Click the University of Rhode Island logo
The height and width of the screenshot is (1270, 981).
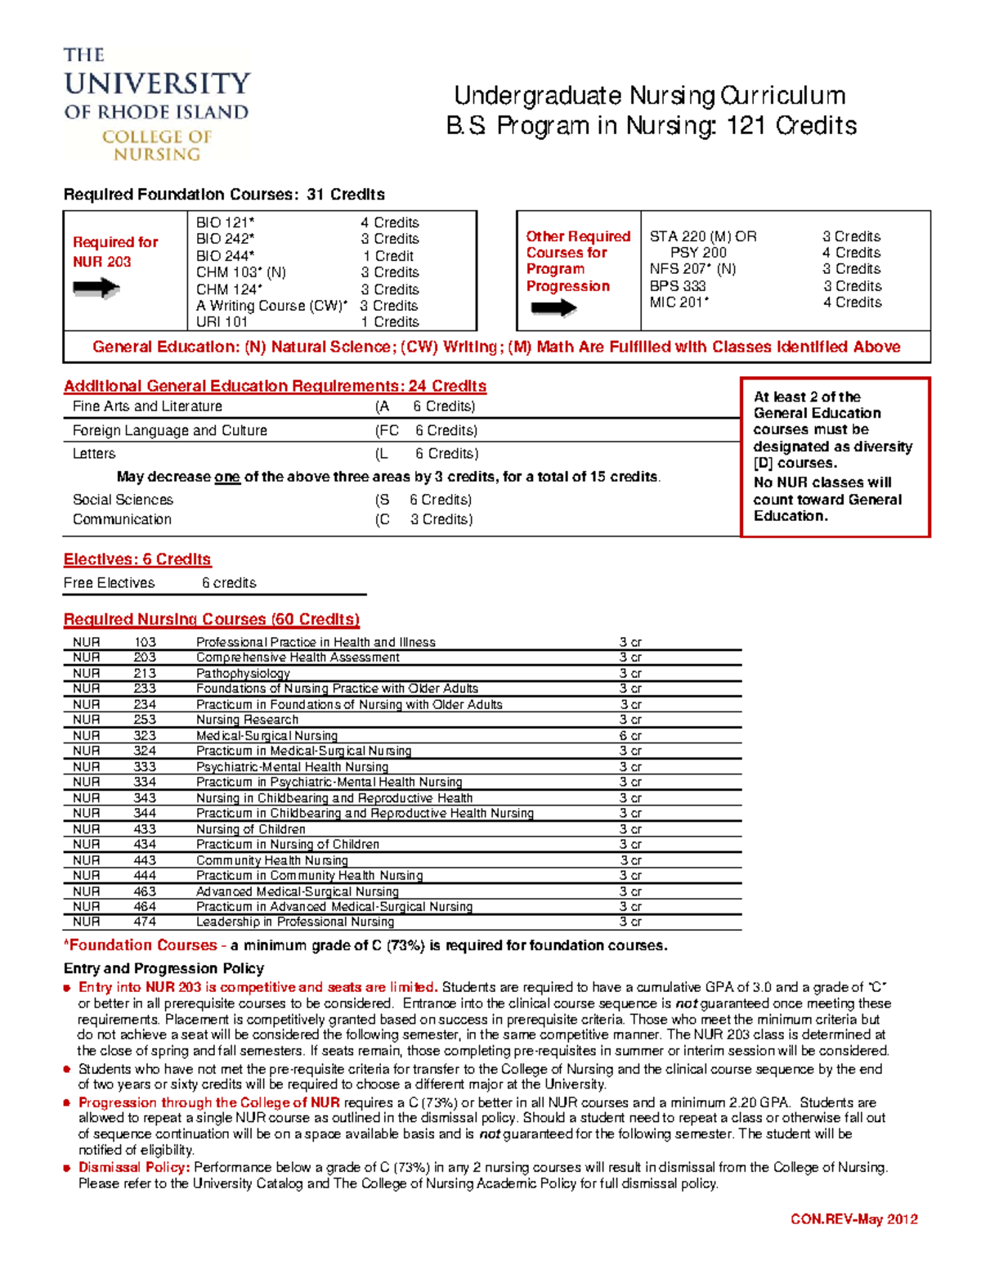[x=157, y=104]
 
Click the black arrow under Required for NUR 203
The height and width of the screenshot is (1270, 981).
[x=96, y=288]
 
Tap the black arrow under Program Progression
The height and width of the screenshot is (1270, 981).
[x=553, y=308]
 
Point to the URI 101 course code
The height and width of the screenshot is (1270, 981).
[x=222, y=322]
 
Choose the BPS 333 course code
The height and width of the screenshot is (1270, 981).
[x=678, y=286]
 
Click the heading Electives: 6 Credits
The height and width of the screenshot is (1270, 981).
[x=137, y=559]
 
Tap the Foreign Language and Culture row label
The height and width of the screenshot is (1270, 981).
[x=170, y=430]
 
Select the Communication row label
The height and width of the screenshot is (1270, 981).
[x=122, y=519]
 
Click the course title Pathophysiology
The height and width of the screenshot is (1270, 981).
[x=243, y=673]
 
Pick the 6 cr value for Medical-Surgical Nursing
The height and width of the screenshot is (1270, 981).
[x=630, y=735]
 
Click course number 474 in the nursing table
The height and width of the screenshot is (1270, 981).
[x=145, y=922]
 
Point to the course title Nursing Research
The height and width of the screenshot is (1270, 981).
[x=247, y=720]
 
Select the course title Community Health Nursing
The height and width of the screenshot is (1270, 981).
[x=272, y=860]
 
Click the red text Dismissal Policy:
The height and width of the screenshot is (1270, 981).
[x=134, y=1167]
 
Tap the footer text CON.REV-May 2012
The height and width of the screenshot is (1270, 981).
[x=854, y=1219]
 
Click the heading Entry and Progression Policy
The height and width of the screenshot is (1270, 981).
[x=163, y=968]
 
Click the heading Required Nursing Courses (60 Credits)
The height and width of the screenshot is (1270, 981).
[x=212, y=619]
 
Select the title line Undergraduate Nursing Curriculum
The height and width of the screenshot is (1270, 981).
[x=649, y=96]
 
